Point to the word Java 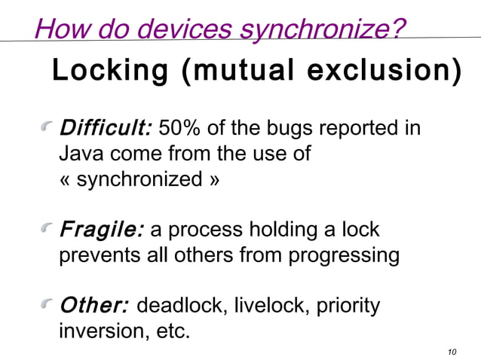point(81,154)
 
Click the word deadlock point(182,306)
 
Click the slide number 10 point(452,352)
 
